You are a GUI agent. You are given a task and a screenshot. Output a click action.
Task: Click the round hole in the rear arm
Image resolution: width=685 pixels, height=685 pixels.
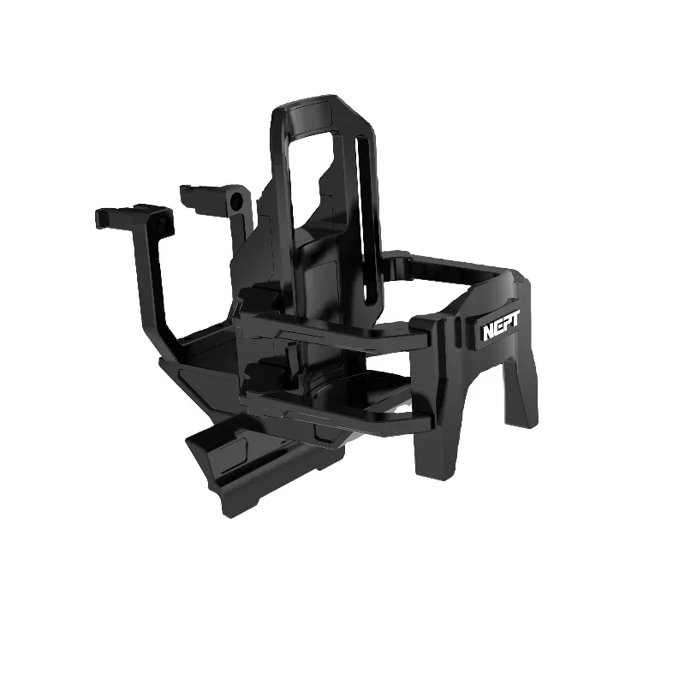pos(236,203)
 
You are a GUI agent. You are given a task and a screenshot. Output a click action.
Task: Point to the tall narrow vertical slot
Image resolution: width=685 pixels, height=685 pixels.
pos(371,240)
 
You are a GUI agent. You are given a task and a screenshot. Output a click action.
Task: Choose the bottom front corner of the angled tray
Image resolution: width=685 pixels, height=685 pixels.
pos(227,510)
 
